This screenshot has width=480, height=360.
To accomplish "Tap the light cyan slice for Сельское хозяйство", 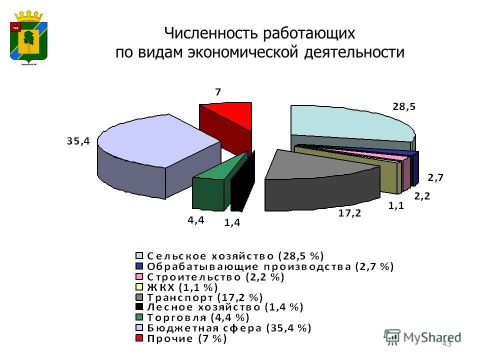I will [x=350, y=122].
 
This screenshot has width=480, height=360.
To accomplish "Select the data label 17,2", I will [x=349, y=213].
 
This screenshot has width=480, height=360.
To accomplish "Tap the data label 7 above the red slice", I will [x=218, y=92].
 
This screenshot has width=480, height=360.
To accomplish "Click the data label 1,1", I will [x=396, y=205].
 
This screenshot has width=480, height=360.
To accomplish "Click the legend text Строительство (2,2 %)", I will [x=215, y=276].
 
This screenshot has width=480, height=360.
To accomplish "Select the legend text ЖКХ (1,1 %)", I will [x=182, y=287].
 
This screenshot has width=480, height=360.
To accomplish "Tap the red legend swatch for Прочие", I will [x=139, y=339].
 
